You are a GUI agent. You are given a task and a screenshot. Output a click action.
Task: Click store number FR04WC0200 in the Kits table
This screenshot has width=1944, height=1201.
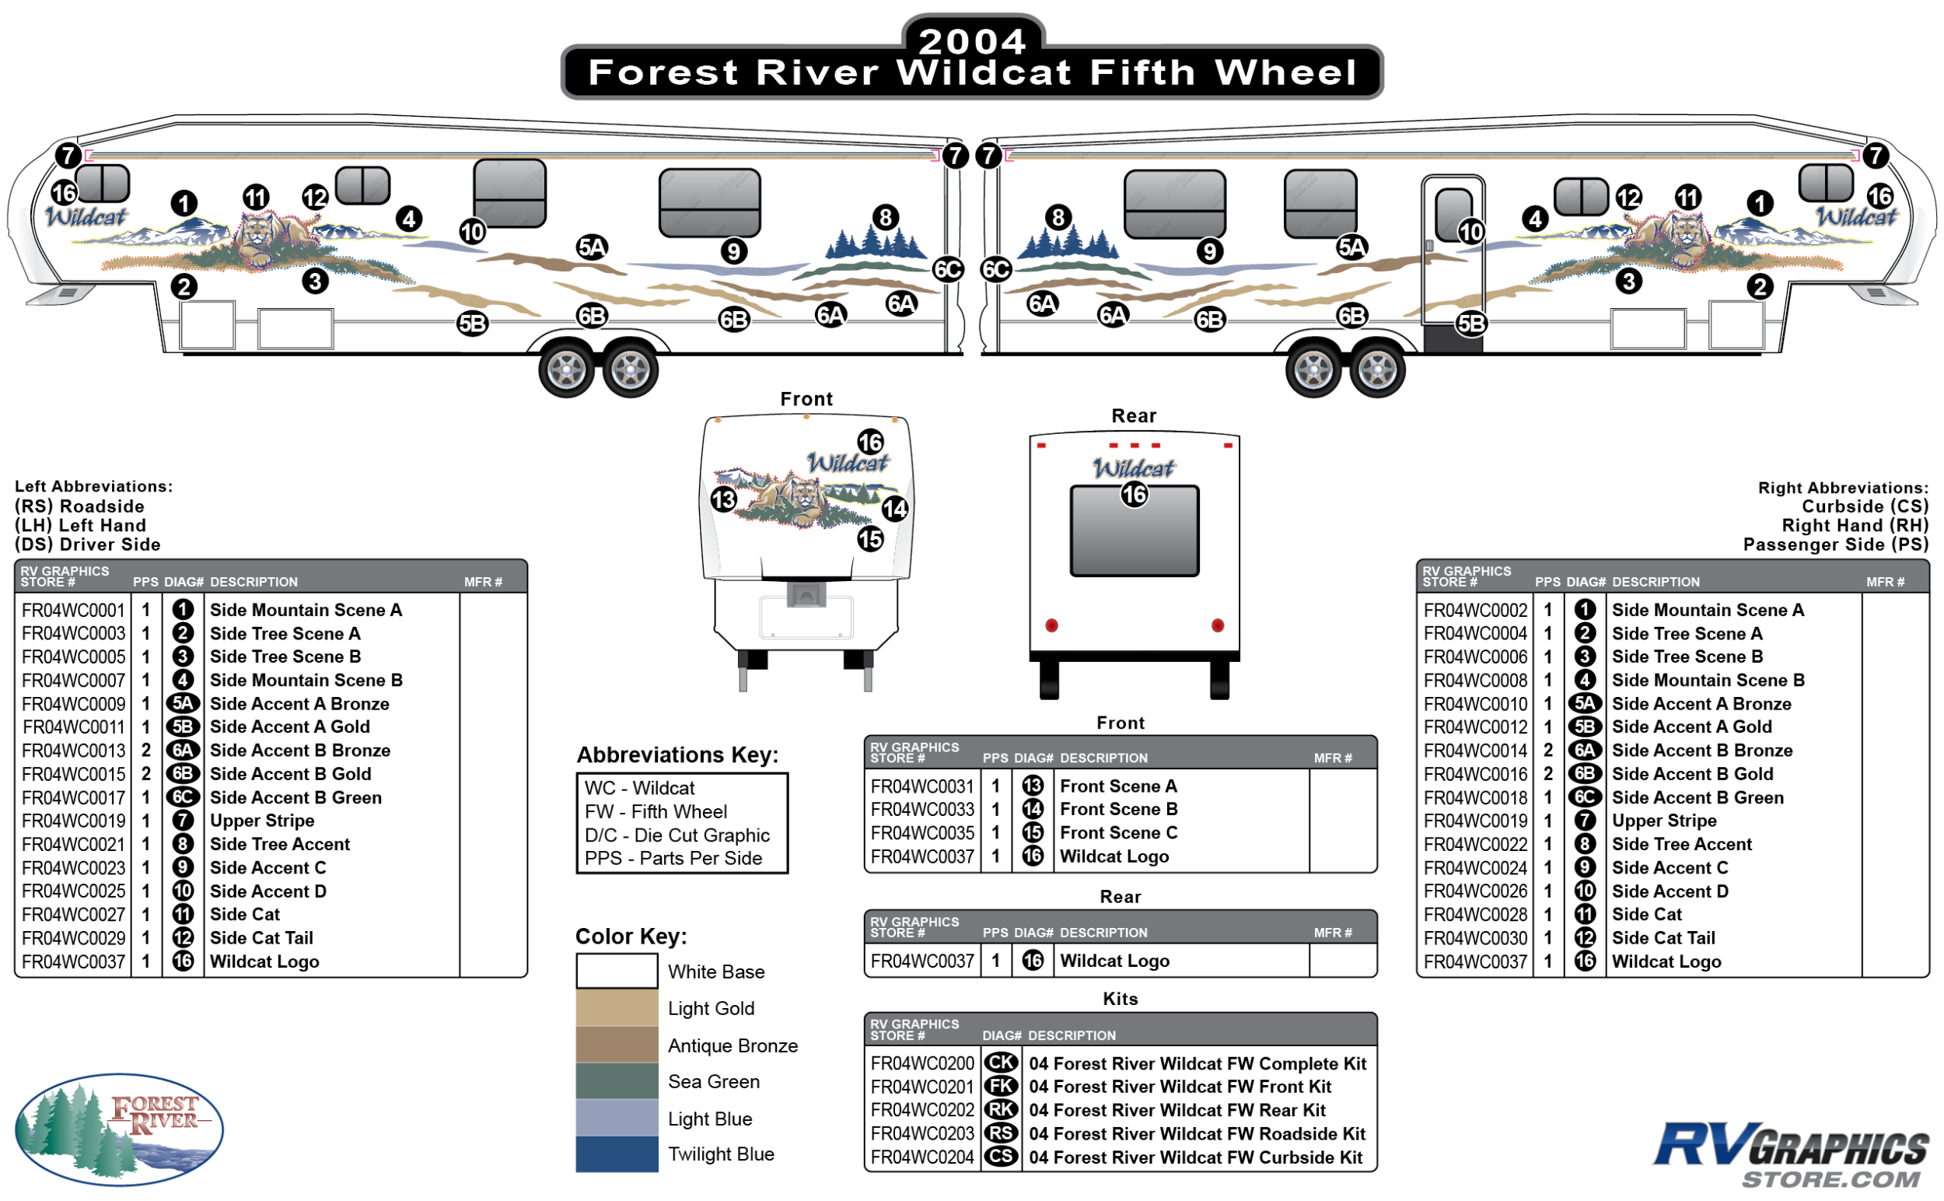click(922, 1063)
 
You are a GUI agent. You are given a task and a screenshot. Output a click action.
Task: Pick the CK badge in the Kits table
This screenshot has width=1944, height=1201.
click(1001, 1063)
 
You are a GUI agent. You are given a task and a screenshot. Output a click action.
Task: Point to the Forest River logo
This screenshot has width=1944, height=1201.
click(119, 1129)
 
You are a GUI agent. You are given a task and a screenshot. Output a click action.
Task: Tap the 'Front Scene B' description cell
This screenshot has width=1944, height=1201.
click(1118, 809)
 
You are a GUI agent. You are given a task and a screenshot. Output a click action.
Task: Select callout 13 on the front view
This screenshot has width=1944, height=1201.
click(723, 499)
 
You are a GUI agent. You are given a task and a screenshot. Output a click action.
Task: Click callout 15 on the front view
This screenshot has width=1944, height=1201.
click(870, 539)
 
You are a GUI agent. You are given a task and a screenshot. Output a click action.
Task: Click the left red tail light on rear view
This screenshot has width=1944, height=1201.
click(1051, 626)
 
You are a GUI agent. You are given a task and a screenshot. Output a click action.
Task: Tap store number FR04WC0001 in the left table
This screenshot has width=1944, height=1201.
click(73, 610)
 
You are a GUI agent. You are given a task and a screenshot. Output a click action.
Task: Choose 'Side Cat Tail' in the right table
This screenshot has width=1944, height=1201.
click(1663, 938)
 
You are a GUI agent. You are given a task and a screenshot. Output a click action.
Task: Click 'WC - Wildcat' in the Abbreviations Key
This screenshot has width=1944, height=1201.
click(639, 788)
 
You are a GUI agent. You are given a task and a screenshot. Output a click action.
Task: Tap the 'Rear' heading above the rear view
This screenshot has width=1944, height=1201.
click(1134, 415)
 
